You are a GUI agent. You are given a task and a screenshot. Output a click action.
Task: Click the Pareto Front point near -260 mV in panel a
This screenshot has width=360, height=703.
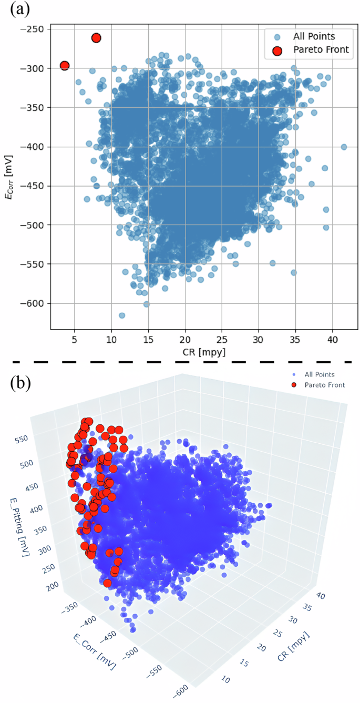click(96, 38)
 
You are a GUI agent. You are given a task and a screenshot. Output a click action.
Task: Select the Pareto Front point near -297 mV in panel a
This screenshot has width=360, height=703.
click(65, 66)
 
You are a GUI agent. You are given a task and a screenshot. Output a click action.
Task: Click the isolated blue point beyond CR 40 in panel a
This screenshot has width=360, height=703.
click(344, 147)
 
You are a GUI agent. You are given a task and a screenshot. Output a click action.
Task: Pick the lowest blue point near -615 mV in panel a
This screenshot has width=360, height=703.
click(122, 315)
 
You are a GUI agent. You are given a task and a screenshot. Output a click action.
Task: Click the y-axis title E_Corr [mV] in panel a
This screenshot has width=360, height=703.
click(7, 179)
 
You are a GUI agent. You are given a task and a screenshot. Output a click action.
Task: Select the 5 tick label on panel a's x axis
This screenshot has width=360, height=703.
click(75, 340)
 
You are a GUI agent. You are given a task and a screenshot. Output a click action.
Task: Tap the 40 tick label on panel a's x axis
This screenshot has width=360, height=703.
click(333, 340)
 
